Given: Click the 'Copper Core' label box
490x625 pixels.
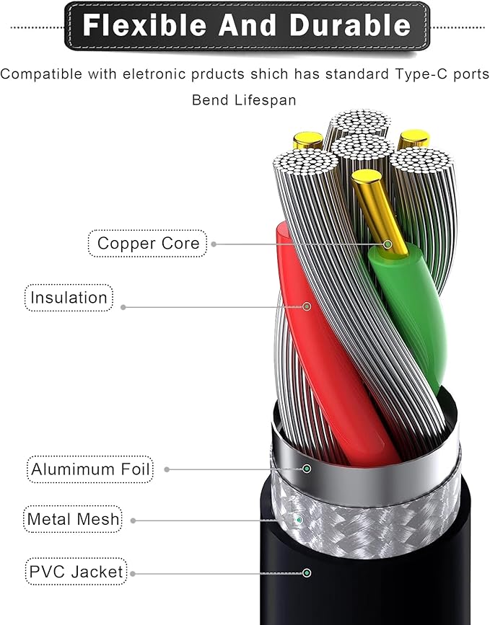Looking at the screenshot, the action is click(x=147, y=243).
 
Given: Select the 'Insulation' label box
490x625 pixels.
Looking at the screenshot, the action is click(x=69, y=298).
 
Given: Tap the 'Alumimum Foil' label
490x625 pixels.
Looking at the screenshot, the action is click(x=90, y=469).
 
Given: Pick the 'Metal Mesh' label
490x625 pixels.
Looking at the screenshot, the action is click(x=73, y=519).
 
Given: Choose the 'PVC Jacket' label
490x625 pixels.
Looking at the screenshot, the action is click(x=76, y=572).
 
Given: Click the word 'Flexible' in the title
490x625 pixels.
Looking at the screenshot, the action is click(x=144, y=25).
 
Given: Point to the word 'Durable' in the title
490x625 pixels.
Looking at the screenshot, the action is click(x=350, y=25).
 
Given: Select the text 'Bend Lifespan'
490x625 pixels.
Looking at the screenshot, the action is click(x=244, y=99).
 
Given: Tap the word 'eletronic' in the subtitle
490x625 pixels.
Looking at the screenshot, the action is click(x=154, y=74).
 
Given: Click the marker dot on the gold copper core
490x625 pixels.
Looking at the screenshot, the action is click(x=387, y=244).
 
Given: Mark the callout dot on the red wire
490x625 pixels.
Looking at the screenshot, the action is click(x=307, y=306).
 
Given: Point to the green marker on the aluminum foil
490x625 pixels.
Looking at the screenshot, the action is click(x=307, y=469).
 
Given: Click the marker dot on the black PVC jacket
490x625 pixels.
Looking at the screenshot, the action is click(x=307, y=573).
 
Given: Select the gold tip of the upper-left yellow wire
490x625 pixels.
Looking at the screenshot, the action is click(x=307, y=141).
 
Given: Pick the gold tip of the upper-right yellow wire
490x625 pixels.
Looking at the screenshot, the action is click(x=414, y=138).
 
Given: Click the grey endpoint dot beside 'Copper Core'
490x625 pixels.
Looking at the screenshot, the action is click(x=214, y=244).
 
